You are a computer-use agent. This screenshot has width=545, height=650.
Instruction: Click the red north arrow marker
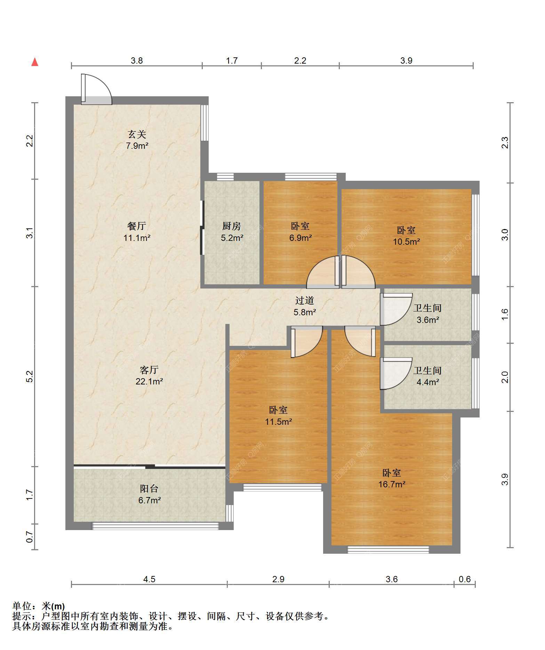click(35, 62)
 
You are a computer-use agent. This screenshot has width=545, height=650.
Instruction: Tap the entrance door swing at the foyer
click(96, 89)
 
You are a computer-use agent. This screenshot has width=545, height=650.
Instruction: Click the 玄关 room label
click(137, 134)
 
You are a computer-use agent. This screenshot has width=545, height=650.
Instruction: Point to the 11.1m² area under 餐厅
click(137, 238)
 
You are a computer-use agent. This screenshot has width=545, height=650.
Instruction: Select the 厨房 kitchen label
click(232, 226)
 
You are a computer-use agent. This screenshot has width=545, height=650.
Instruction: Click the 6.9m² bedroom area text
click(300, 238)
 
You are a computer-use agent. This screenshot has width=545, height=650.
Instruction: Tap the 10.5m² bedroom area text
click(406, 242)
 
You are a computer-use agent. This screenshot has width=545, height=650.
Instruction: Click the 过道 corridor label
click(305, 300)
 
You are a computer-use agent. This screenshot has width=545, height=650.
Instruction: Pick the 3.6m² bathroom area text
click(428, 320)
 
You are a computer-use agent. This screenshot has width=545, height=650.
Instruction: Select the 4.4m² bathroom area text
click(428, 382)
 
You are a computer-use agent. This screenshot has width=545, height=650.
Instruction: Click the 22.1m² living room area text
click(150, 382)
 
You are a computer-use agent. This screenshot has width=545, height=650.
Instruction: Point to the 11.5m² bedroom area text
click(278, 422)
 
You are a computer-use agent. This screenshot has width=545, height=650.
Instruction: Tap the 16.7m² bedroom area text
click(392, 484)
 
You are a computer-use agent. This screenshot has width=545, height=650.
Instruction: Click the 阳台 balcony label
click(150, 489)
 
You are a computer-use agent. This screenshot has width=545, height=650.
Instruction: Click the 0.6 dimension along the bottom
click(465, 579)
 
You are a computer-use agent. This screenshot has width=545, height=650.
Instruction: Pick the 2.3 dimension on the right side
click(505, 143)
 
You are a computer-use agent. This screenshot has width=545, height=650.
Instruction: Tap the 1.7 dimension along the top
click(232, 61)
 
